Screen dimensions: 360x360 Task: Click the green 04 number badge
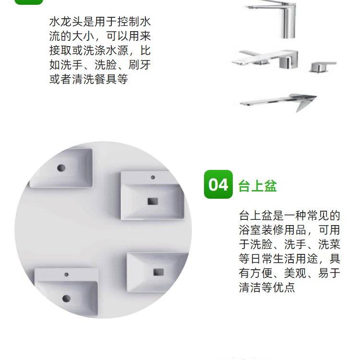(x=218, y=184)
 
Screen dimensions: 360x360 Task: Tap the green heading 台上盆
(x=257, y=186)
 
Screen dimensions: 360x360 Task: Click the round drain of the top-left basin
(x=61, y=168)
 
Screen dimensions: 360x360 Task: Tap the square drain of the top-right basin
(x=153, y=201)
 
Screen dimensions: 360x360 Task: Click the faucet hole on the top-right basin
(x=153, y=177)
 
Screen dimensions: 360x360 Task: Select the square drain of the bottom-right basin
(x=159, y=272)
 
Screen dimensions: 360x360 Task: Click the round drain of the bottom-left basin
(x=66, y=298)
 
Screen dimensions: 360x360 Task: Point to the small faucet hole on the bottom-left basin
(x=66, y=275)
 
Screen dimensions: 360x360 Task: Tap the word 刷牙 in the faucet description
(x=139, y=65)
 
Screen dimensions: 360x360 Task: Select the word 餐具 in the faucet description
(x=106, y=79)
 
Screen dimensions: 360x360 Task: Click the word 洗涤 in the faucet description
(x=94, y=50)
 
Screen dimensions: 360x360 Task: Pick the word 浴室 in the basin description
(x=250, y=230)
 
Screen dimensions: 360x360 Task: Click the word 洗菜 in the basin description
(x=329, y=244)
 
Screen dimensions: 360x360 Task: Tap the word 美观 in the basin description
(x=295, y=273)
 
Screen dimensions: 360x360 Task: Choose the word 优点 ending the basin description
(x=284, y=288)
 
